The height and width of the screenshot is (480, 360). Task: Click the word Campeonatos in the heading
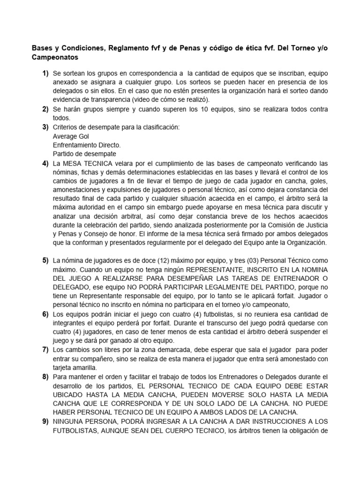coord(55,58)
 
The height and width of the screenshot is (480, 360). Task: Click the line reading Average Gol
coord(71,136)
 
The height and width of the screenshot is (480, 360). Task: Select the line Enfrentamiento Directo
coord(87,145)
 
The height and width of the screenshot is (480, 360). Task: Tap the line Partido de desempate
coord(84,154)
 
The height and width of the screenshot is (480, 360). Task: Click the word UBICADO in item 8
coord(70,394)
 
